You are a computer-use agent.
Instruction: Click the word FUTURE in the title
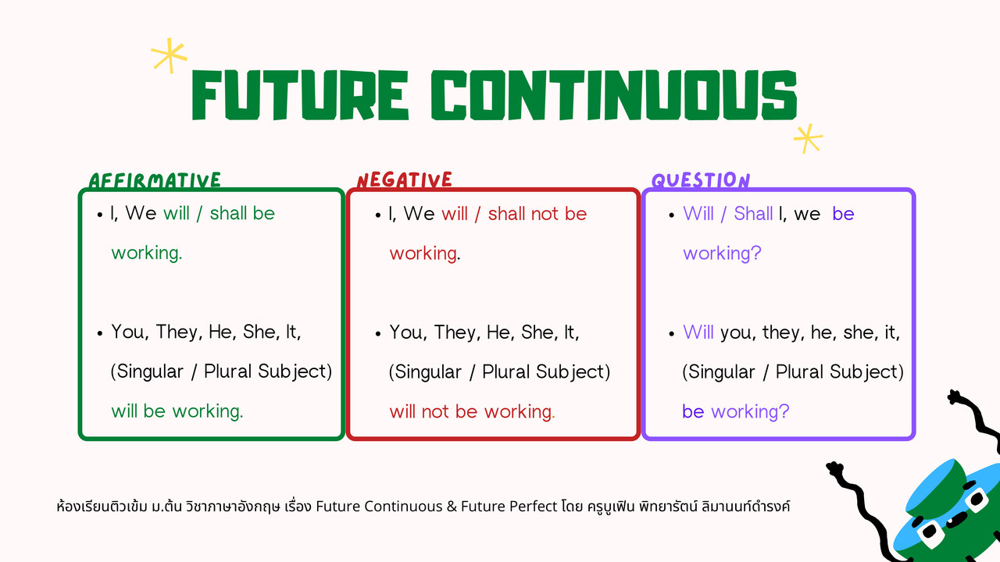tap(300, 95)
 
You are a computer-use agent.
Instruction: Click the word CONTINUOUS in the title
tap(614, 95)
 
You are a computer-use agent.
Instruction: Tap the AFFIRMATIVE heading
tap(155, 180)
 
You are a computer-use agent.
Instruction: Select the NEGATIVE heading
tap(405, 180)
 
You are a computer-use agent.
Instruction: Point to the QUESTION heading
tap(701, 180)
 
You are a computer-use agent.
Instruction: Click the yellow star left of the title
tap(169, 55)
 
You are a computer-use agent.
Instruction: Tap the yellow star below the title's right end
tap(808, 139)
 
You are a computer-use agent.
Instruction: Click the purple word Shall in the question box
tap(753, 214)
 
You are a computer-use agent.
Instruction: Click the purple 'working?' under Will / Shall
tap(722, 254)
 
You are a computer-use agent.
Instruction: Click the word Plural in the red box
tap(505, 372)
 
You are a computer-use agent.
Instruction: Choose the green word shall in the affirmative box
tap(227, 213)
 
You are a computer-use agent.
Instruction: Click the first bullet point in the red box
tap(378, 215)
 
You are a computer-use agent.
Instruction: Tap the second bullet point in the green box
tap(99, 333)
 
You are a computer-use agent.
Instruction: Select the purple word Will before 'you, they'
tap(698, 333)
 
